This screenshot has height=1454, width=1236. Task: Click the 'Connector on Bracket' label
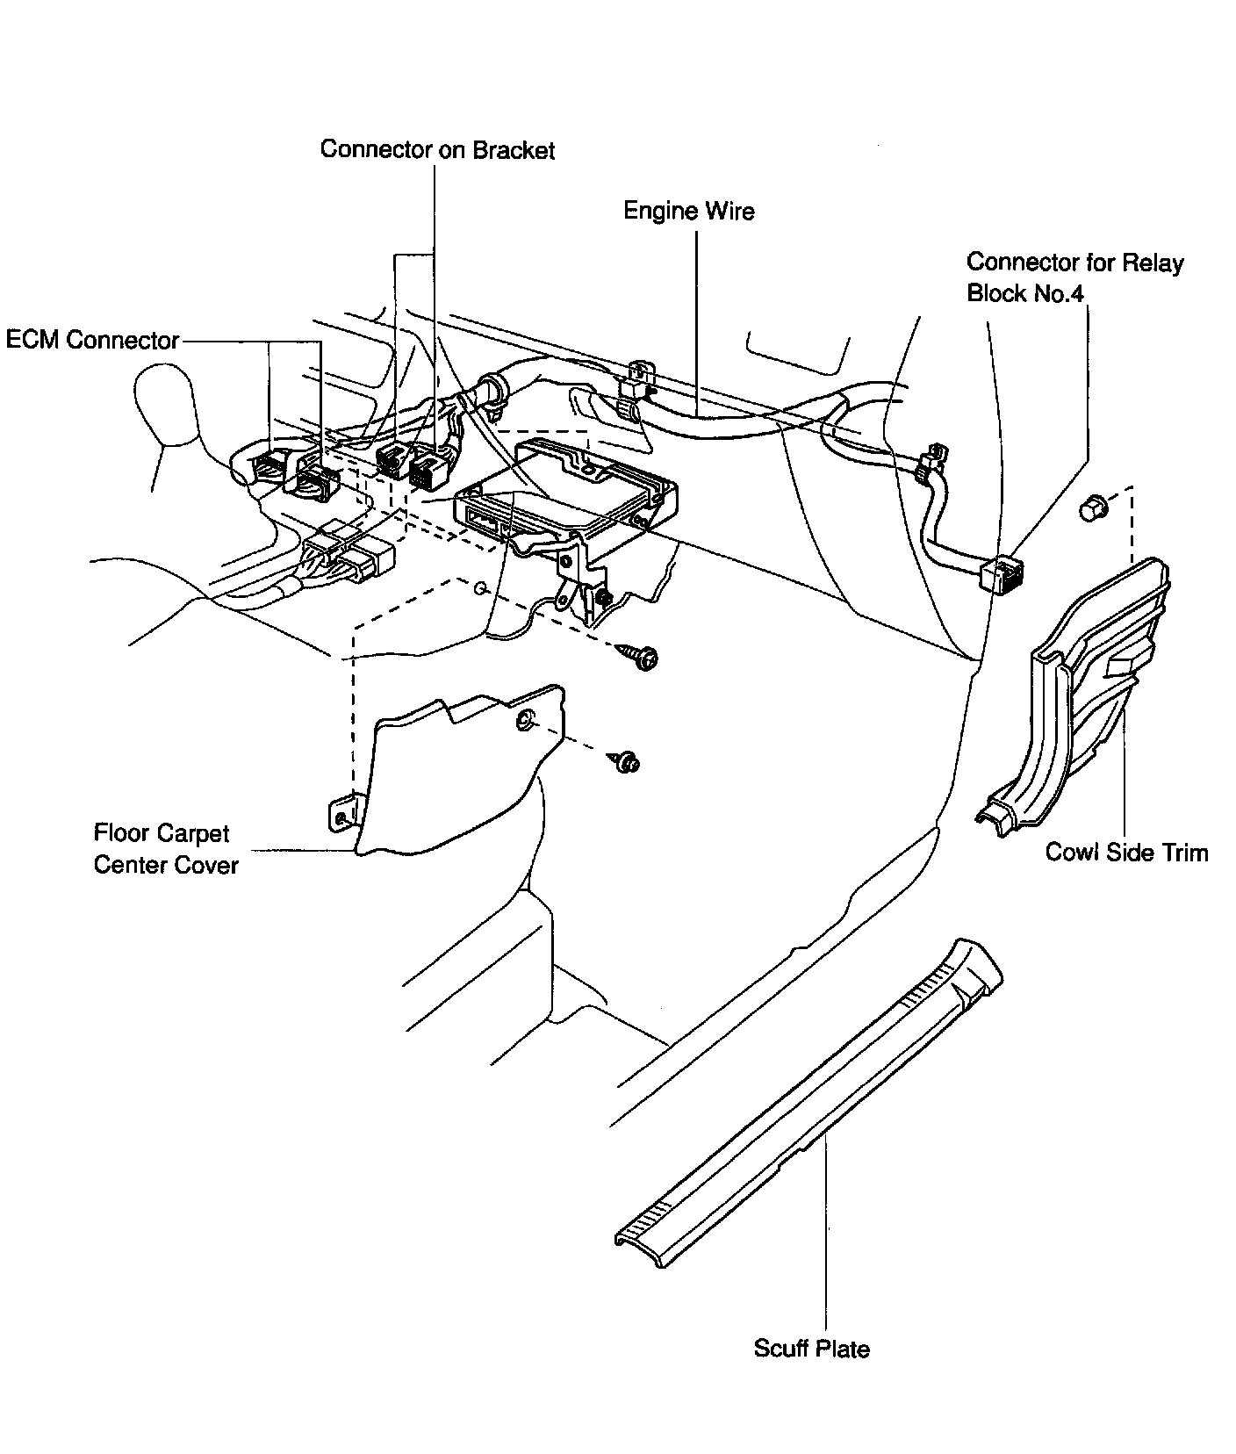click(x=437, y=150)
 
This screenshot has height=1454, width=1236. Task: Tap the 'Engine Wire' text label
click(x=688, y=212)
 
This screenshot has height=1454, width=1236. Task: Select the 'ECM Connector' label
click(x=92, y=340)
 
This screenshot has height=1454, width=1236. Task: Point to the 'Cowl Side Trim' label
click(x=1126, y=853)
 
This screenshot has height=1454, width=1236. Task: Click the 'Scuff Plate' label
click(x=811, y=1349)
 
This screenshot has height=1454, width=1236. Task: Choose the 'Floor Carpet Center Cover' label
click(x=165, y=849)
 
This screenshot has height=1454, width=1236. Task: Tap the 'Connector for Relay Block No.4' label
click(x=1074, y=277)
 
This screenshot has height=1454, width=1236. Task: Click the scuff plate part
click(x=808, y=1106)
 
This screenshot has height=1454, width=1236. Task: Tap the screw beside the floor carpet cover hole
click(x=627, y=762)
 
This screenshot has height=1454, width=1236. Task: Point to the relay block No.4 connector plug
click(x=1000, y=575)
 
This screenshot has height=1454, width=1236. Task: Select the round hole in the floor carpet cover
click(x=524, y=722)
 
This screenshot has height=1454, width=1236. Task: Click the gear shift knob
click(x=167, y=404)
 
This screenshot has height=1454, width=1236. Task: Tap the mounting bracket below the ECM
click(x=579, y=579)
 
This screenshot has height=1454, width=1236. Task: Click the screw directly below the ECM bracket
click(x=643, y=657)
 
